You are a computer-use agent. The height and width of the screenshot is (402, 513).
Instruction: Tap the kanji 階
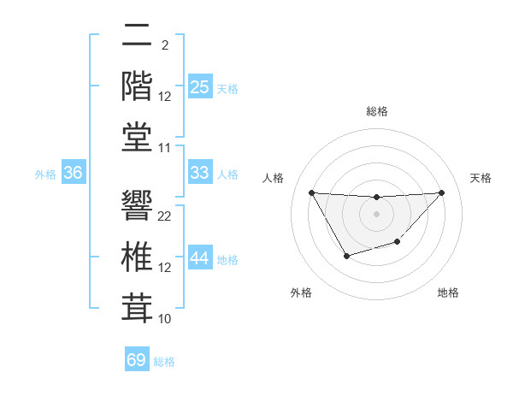(x=138, y=86)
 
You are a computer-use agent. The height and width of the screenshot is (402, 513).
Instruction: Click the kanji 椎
(x=138, y=257)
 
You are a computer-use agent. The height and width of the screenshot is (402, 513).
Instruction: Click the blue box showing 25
(x=199, y=86)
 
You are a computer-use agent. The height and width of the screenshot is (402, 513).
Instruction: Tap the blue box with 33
(x=199, y=173)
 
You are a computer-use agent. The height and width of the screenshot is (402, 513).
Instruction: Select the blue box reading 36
(x=74, y=173)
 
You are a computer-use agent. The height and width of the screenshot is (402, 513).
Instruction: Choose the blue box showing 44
(x=199, y=258)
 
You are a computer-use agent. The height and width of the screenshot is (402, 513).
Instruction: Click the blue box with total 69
(x=137, y=360)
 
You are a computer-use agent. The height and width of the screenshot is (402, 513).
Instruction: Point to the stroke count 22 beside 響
(x=165, y=216)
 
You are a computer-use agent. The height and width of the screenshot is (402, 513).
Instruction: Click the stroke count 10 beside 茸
(x=165, y=319)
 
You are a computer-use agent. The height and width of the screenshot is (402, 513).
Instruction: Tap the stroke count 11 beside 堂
(x=165, y=148)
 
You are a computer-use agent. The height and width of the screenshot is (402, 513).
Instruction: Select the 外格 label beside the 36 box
(x=45, y=174)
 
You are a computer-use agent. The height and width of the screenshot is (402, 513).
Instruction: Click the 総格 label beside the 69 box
(x=164, y=362)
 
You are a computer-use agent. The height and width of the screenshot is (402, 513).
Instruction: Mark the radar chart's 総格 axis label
(x=376, y=112)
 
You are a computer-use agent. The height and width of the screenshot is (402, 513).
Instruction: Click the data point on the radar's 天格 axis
(x=441, y=192)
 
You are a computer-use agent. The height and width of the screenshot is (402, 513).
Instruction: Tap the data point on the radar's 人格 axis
(x=311, y=192)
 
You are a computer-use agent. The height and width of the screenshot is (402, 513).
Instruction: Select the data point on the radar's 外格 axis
(x=346, y=256)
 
